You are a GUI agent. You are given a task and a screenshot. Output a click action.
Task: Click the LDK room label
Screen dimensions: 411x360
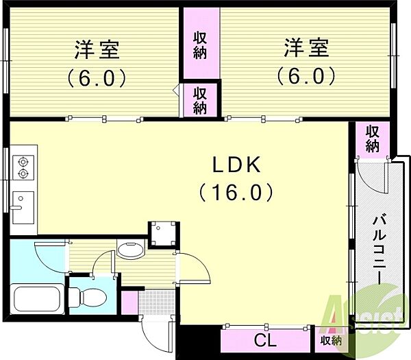click(236, 165)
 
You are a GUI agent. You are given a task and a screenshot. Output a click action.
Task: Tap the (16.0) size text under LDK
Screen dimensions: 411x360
click(236, 192)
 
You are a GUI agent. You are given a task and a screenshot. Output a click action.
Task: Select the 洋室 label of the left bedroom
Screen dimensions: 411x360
click(97, 49)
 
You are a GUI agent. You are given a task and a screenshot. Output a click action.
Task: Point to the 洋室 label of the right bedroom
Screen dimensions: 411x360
click(306, 47)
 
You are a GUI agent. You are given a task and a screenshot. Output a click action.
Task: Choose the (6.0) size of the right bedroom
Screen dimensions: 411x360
click(306, 75)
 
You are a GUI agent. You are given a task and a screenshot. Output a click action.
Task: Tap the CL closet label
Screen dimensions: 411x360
click(265, 341)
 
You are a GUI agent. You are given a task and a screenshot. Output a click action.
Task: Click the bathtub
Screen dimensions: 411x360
click(38, 298)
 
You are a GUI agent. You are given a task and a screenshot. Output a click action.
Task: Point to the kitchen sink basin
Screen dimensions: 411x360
click(23, 208)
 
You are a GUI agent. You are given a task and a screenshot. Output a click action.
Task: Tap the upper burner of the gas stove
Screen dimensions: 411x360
click(23, 162)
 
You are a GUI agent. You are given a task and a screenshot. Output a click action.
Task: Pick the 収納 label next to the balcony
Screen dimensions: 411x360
click(373, 139)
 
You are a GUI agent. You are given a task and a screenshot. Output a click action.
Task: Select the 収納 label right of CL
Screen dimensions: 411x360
click(331, 341)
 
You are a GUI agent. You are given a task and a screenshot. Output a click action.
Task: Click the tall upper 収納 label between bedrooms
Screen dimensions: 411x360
click(200, 45)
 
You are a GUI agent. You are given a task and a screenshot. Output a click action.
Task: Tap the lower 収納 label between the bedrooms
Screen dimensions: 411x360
click(200, 101)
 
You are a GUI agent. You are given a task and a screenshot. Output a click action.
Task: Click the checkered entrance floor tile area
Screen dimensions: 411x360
click(156, 302)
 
